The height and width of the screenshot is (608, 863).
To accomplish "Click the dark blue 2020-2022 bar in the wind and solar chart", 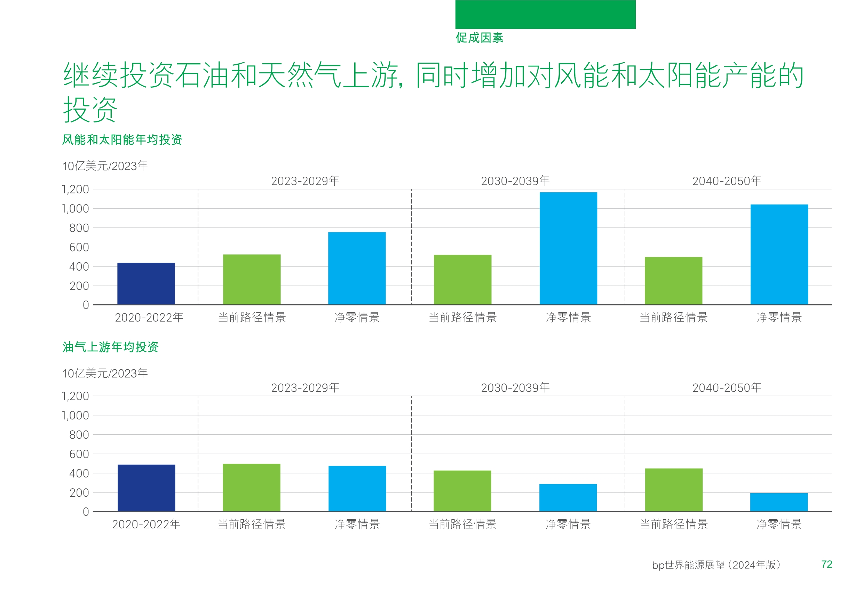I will point(146,284).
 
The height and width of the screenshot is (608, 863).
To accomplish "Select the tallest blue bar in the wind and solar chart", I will point(568,248).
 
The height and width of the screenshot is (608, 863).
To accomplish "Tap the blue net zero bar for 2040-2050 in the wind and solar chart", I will point(779,254).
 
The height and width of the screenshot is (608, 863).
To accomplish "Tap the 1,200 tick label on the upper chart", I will point(75,189).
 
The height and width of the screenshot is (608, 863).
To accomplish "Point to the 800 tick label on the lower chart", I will point(79,435).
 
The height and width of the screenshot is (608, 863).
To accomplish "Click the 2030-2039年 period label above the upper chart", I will point(515,181).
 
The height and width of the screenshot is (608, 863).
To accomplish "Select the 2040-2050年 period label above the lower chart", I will point(727,387).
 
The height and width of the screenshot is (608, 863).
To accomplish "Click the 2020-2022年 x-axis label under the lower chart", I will point(146,524).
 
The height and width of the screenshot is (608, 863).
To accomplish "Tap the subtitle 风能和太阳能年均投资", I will point(122,140).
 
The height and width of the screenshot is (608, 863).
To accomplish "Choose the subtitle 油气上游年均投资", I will point(111,347).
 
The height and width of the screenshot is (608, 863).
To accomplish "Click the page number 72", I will point(826,564).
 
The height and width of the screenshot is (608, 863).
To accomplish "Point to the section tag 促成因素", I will point(479,38).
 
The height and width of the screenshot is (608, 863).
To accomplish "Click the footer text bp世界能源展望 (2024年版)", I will point(716,565).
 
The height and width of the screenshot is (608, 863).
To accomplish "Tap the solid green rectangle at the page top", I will point(545,14).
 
